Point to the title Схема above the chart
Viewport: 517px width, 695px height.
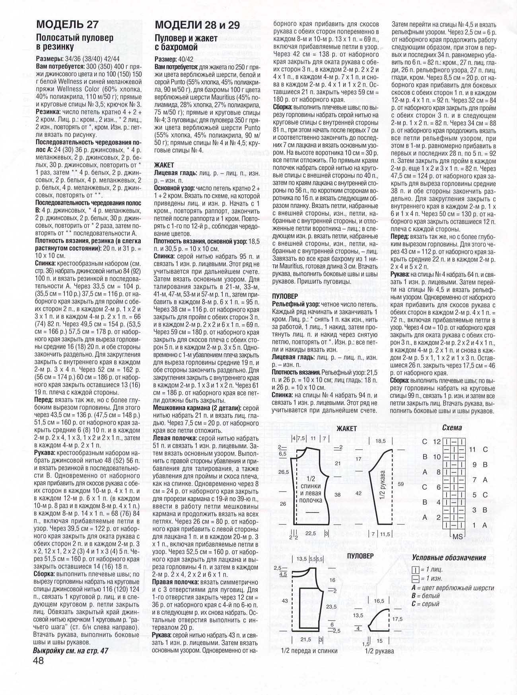click(x=452, y=428)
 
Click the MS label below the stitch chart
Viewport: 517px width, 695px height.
click(x=458, y=536)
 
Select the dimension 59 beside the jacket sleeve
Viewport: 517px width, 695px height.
click(x=400, y=484)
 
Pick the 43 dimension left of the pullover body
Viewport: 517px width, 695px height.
click(x=284, y=600)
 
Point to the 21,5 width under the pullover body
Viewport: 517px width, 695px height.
click(x=305, y=639)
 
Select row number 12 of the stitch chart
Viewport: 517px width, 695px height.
click(x=437, y=441)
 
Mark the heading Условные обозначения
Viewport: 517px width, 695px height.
click(x=449, y=558)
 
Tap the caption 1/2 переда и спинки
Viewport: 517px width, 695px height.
click(x=309, y=651)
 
